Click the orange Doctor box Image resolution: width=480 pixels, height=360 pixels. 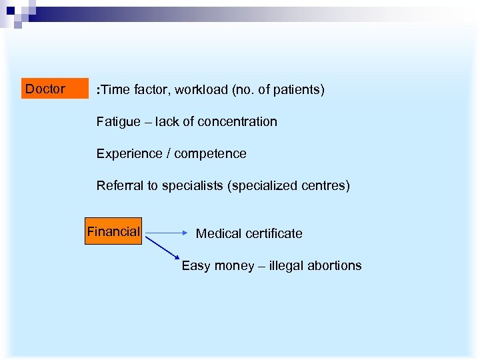55,89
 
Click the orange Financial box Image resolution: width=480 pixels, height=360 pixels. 113,232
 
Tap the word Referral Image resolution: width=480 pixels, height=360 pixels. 117,186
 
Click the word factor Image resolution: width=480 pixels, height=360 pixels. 148,90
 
